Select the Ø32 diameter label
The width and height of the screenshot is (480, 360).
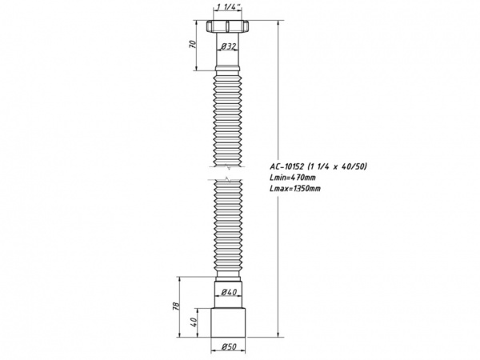pos(229,48)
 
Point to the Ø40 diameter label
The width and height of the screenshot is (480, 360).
pos(227,294)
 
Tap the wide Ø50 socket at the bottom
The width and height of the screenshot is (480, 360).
pos(229,323)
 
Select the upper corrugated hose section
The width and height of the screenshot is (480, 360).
pos(229,120)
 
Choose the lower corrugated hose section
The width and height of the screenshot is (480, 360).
pos(229,232)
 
